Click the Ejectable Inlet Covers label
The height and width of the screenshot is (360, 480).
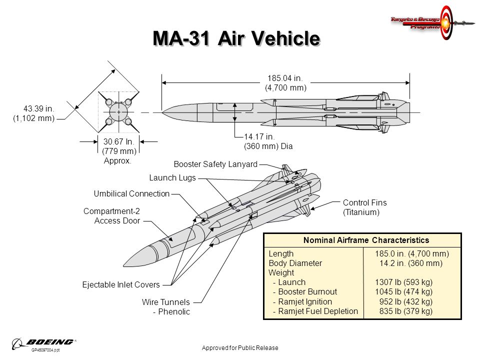pyautogui.click(x=120, y=284)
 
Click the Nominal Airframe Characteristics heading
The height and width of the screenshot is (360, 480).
pyautogui.click(x=362, y=240)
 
